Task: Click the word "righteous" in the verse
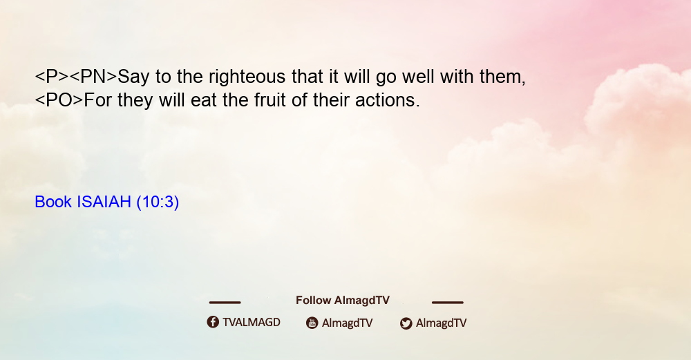coord(247,77)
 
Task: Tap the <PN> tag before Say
coord(93,77)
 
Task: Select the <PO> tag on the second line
coord(59,100)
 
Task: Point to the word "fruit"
coord(270,100)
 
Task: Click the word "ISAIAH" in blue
coord(104,202)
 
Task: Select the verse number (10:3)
coord(158,202)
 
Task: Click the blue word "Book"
coord(53,202)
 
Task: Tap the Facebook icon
coord(213,322)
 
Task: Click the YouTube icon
coord(312,323)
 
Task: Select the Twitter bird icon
coord(406,323)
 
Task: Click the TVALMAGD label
coord(252,323)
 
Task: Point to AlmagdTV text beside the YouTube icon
coord(348,323)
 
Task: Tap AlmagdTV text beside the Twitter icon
coord(441,323)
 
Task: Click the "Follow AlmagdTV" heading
coord(343,301)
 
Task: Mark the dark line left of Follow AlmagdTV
coord(225,302)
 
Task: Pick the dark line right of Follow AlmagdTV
coord(448,302)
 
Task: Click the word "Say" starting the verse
coord(133,77)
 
